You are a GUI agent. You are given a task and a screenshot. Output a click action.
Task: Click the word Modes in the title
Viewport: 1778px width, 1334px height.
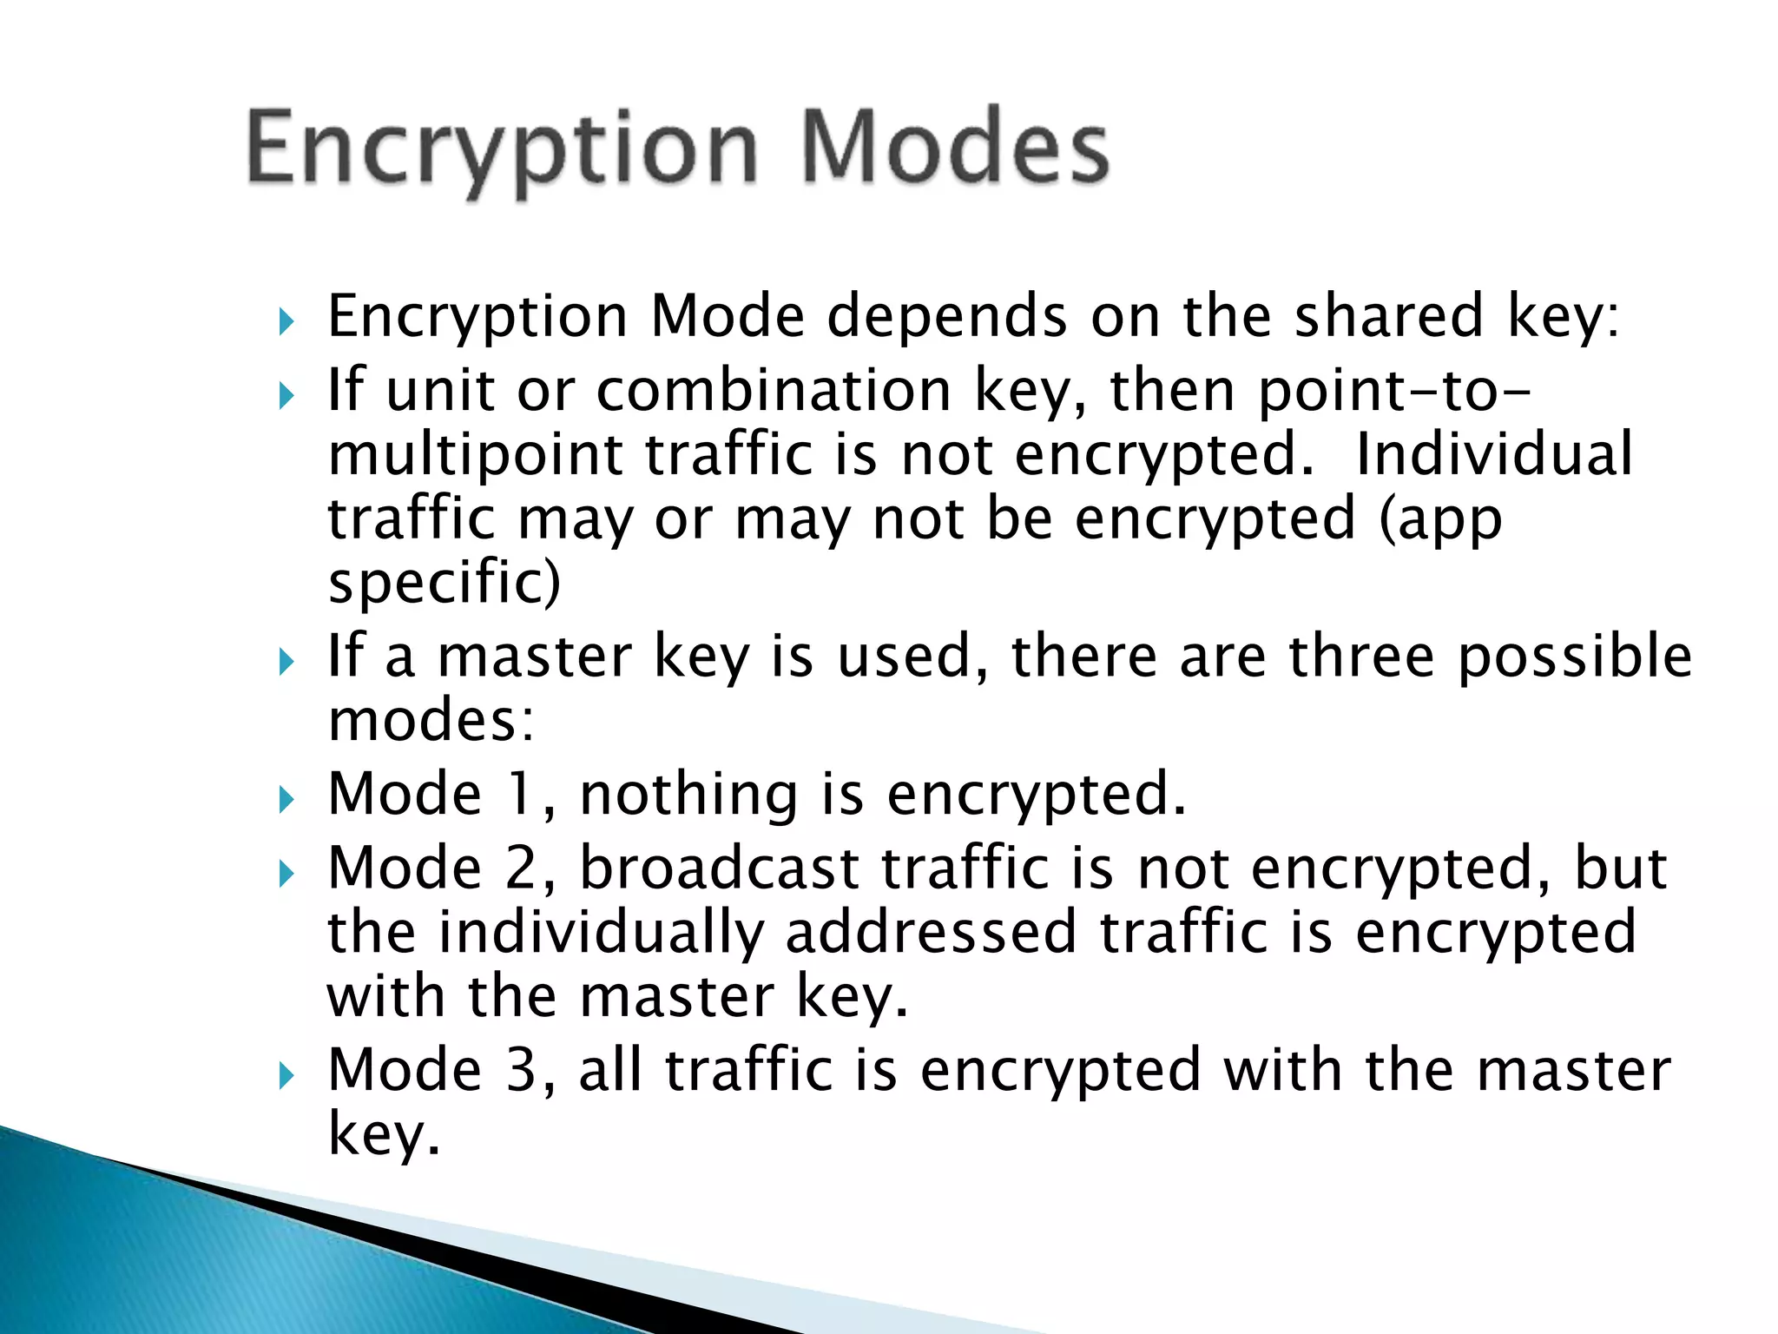click(955, 148)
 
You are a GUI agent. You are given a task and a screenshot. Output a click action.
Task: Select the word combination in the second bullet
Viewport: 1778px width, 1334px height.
click(774, 390)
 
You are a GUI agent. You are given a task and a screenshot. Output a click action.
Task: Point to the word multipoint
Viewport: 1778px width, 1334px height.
click(475, 456)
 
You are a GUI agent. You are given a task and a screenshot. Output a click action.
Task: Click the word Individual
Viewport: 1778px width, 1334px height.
click(1494, 454)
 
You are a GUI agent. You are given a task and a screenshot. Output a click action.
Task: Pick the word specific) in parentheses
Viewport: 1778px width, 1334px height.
click(444, 583)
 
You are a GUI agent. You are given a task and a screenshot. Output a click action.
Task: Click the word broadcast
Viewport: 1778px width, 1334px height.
click(720, 868)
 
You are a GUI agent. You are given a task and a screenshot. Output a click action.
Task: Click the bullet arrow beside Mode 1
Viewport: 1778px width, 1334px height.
click(286, 799)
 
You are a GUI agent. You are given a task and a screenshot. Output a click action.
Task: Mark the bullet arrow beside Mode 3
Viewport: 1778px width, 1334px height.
click(286, 1077)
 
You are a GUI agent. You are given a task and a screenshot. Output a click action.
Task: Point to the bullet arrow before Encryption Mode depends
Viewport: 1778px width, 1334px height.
click(286, 323)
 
